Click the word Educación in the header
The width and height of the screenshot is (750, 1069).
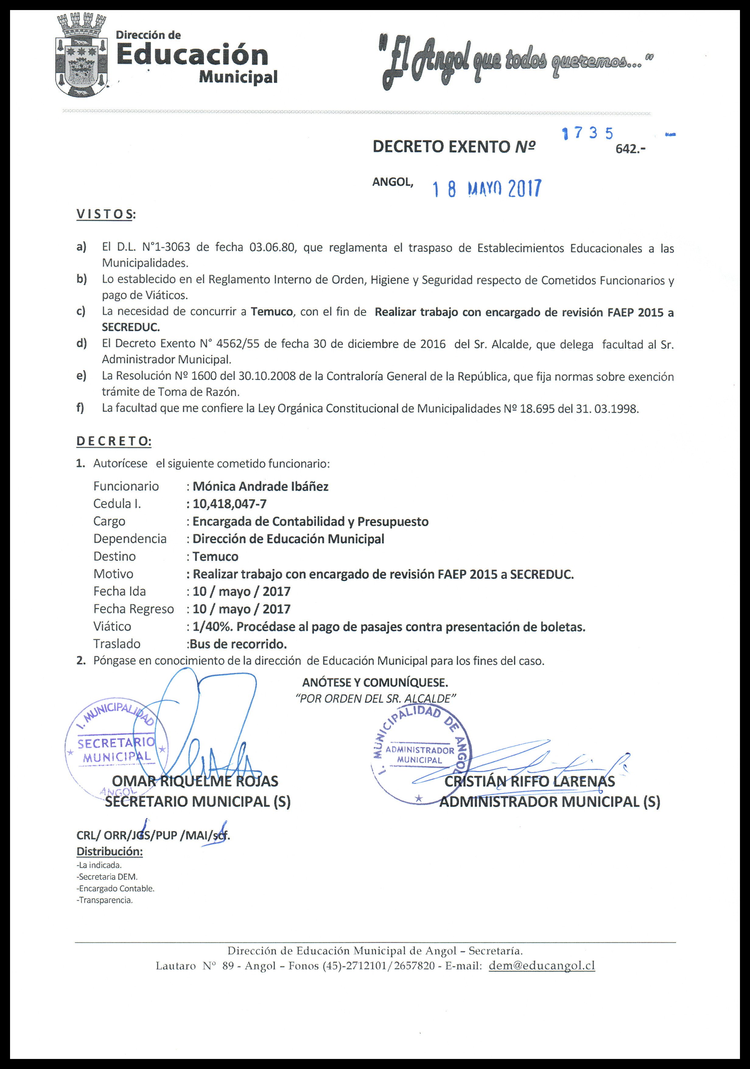click(x=192, y=55)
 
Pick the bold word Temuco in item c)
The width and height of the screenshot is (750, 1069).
click(x=272, y=312)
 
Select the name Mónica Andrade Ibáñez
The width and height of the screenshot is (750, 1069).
click(x=261, y=487)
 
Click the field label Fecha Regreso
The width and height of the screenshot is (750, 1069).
click(x=134, y=609)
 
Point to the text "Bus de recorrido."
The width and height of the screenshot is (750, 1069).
click(x=237, y=644)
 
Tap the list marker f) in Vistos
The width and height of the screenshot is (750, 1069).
click(x=80, y=408)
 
